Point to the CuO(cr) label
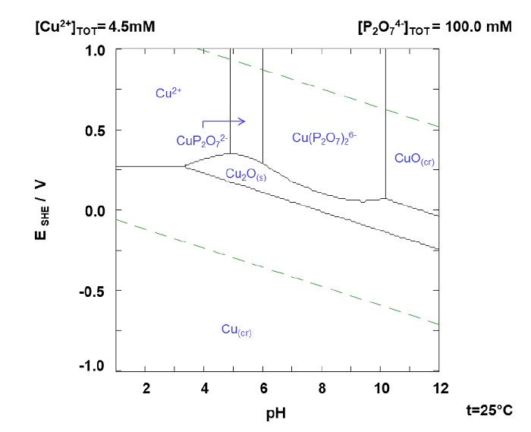point(414,159)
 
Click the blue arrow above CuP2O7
point(224,121)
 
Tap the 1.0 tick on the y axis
point(95,51)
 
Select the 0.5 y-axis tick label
point(95,131)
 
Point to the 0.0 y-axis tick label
point(95,210)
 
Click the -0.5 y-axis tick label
point(93,291)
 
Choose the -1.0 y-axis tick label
point(93,367)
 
